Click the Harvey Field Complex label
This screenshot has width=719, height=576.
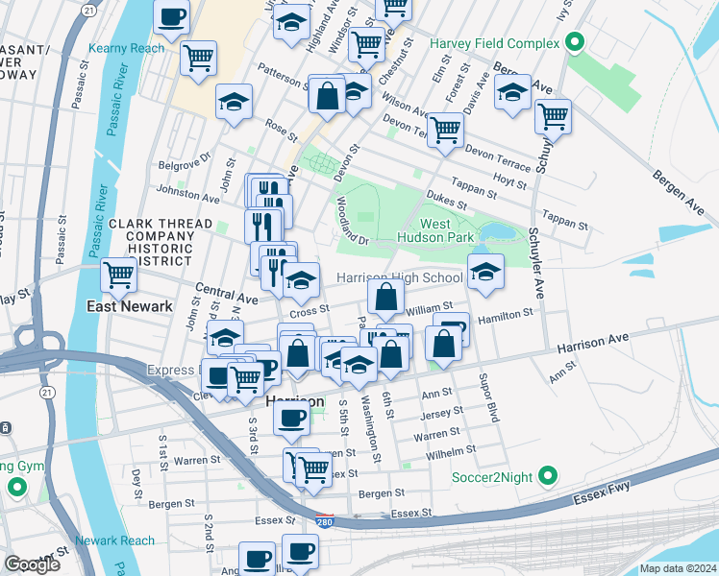pyautogui.click(x=494, y=43)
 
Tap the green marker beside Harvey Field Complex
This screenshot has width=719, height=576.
pyautogui.click(x=575, y=42)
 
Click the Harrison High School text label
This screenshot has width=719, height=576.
pyautogui.click(x=399, y=277)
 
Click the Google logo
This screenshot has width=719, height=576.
pyautogui.click(x=32, y=564)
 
